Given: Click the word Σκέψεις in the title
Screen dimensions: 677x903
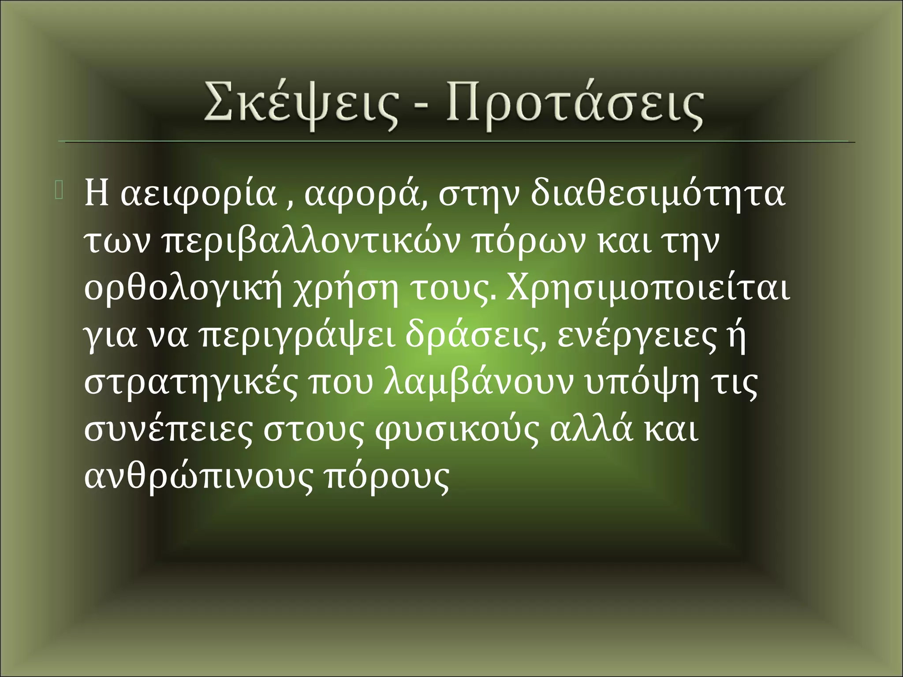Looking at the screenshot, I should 300,106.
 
